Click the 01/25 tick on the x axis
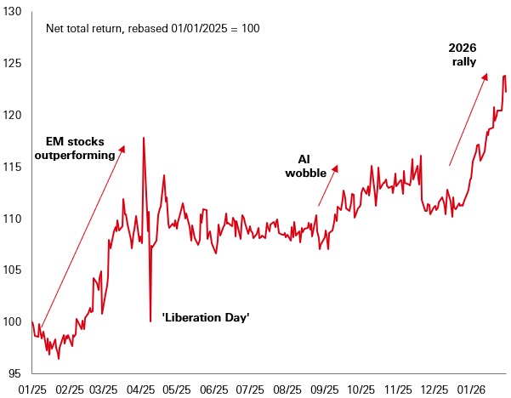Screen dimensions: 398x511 click(32, 389)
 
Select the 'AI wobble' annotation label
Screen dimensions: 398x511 click(310, 167)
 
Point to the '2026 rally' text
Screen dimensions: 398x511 click(463, 54)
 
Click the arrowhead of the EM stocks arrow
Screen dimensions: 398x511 click(123, 147)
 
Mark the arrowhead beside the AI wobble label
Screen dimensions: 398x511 click(337, 167)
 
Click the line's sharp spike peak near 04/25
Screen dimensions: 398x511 click(143, 138)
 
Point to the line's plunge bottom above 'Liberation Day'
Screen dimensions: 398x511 click(150, 321)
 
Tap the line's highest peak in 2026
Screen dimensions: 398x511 click(504, 76)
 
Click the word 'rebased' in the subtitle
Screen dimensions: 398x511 click(143, 28)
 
